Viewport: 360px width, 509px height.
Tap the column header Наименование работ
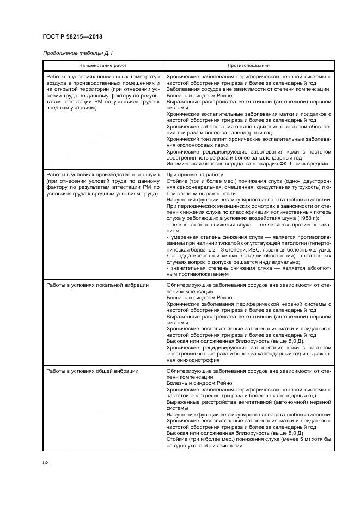[x=102, y=65]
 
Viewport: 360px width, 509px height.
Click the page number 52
[x=46, y=462]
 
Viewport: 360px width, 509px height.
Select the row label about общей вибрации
[x=92, y=371]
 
